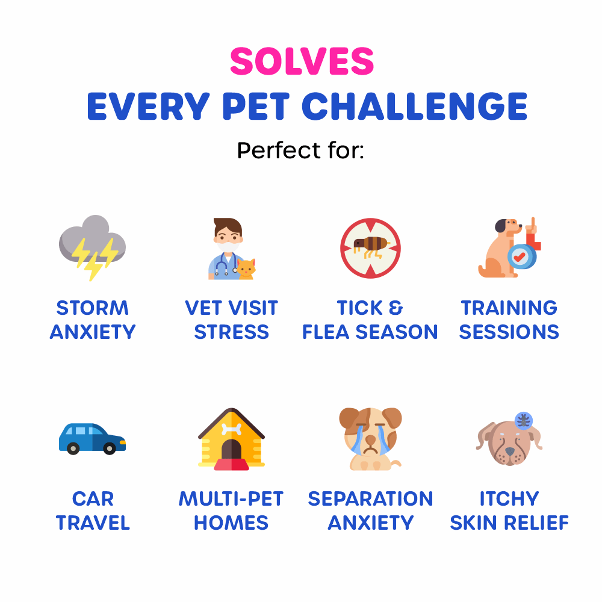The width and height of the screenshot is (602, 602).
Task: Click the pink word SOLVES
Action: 302,61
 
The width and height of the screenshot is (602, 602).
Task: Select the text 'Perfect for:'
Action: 300,150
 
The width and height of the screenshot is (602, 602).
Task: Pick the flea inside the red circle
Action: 370,246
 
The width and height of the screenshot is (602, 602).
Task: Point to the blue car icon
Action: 92,438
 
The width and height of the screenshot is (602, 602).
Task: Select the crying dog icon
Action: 370,438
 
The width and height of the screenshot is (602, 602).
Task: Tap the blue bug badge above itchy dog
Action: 523,420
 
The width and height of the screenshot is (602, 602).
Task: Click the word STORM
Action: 92,308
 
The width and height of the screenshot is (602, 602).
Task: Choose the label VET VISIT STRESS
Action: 231,320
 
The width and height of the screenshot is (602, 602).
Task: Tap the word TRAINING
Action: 509,308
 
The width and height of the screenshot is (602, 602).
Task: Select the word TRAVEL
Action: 93,523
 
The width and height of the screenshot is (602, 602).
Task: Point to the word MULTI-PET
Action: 231,498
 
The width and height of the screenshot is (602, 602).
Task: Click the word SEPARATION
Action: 370,498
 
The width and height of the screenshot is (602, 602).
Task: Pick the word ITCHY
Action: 509,498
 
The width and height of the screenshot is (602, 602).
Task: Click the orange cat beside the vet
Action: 246,268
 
